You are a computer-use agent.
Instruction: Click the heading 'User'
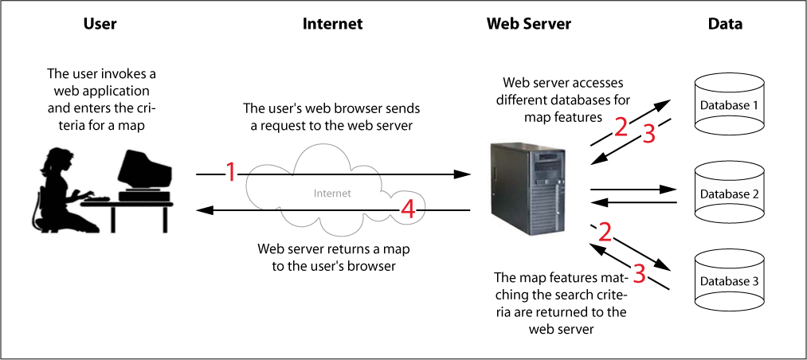100,24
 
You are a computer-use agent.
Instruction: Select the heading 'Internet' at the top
332,24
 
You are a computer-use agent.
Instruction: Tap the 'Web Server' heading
528,24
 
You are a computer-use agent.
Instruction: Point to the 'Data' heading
725,24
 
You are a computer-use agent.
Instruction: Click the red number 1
230,171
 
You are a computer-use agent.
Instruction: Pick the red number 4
407,209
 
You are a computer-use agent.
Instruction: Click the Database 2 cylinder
729,193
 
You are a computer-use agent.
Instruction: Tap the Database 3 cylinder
729,280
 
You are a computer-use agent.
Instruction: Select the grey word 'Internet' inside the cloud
331,193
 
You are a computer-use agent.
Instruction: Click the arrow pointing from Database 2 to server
633,202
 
